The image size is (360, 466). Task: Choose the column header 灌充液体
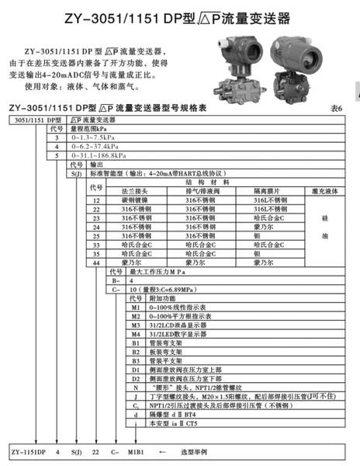(324, 190)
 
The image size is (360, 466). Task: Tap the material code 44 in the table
(98, 264)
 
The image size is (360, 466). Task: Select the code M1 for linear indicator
(134, 308)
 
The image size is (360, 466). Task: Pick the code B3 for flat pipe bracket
(134, 360)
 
